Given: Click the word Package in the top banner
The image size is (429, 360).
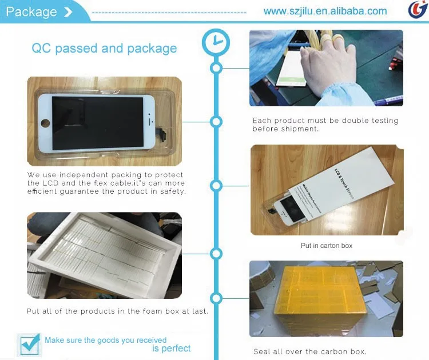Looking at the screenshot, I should tap(31, 11).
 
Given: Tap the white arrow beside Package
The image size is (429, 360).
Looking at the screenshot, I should tap(69, 12).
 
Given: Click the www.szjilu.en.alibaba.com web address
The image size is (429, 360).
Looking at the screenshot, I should tap(325, 11).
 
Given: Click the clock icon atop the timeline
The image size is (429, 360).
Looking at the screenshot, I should tap(216, 42).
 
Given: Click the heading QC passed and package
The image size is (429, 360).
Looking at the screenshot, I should tap(104, 48).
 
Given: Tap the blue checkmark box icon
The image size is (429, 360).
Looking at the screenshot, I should tap(29, 344).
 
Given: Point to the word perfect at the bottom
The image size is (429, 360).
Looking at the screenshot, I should tap(171, 348).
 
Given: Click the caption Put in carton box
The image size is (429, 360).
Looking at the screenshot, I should tap(327, 246).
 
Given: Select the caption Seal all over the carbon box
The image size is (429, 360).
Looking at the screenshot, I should tap(309, 351).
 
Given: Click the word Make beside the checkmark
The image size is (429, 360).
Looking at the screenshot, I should tap(55, 340).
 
